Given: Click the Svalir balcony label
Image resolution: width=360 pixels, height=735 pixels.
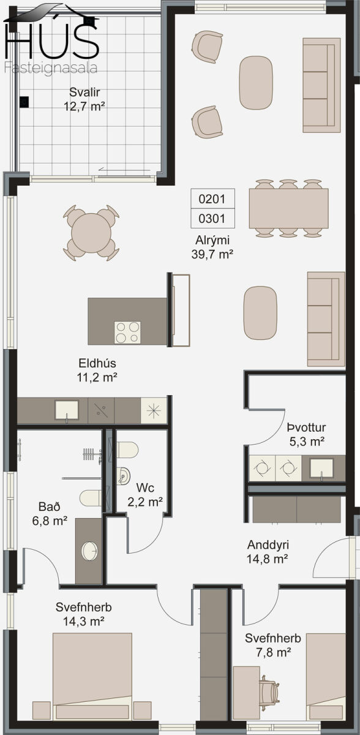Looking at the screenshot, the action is [x=84, y=92].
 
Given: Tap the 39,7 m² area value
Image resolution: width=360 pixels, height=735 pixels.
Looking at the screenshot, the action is [x=212, y=254].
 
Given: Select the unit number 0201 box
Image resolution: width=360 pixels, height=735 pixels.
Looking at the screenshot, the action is [x=213, y=198].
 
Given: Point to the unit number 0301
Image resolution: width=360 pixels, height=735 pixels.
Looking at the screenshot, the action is [x=212, y=219].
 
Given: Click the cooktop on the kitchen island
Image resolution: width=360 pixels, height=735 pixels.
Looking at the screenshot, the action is [x=127, y=333].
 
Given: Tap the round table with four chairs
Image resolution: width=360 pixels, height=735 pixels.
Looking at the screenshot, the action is [x=91, y=233].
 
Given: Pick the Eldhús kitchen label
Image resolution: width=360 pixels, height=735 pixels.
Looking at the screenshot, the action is [x=97, y=363].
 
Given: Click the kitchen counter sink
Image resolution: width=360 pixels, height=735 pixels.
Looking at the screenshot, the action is [x=67, y=410].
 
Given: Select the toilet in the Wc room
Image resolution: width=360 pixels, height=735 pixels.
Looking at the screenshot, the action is [x=127, y=450].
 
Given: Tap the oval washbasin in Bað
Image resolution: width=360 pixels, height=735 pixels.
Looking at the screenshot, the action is [x=89, y=551].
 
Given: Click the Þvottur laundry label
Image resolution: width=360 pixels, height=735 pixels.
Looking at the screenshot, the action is [x=306, y=428].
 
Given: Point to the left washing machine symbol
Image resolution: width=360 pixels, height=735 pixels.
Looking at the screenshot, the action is [x=262, y=468].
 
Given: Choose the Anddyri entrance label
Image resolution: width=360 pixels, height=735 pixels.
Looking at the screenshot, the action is [x=268, y=545].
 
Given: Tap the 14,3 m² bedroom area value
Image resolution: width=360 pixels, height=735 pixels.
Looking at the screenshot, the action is [x=84, y=621].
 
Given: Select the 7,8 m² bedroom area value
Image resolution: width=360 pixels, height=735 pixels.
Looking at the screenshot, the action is [x=274, y=653].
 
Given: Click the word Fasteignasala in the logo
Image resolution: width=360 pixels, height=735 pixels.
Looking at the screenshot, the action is [x=51, y=68].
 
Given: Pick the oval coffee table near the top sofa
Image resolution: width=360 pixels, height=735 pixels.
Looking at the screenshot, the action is [x=256, y=83].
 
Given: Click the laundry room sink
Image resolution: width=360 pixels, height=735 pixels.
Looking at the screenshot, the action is [x=322, y=468].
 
